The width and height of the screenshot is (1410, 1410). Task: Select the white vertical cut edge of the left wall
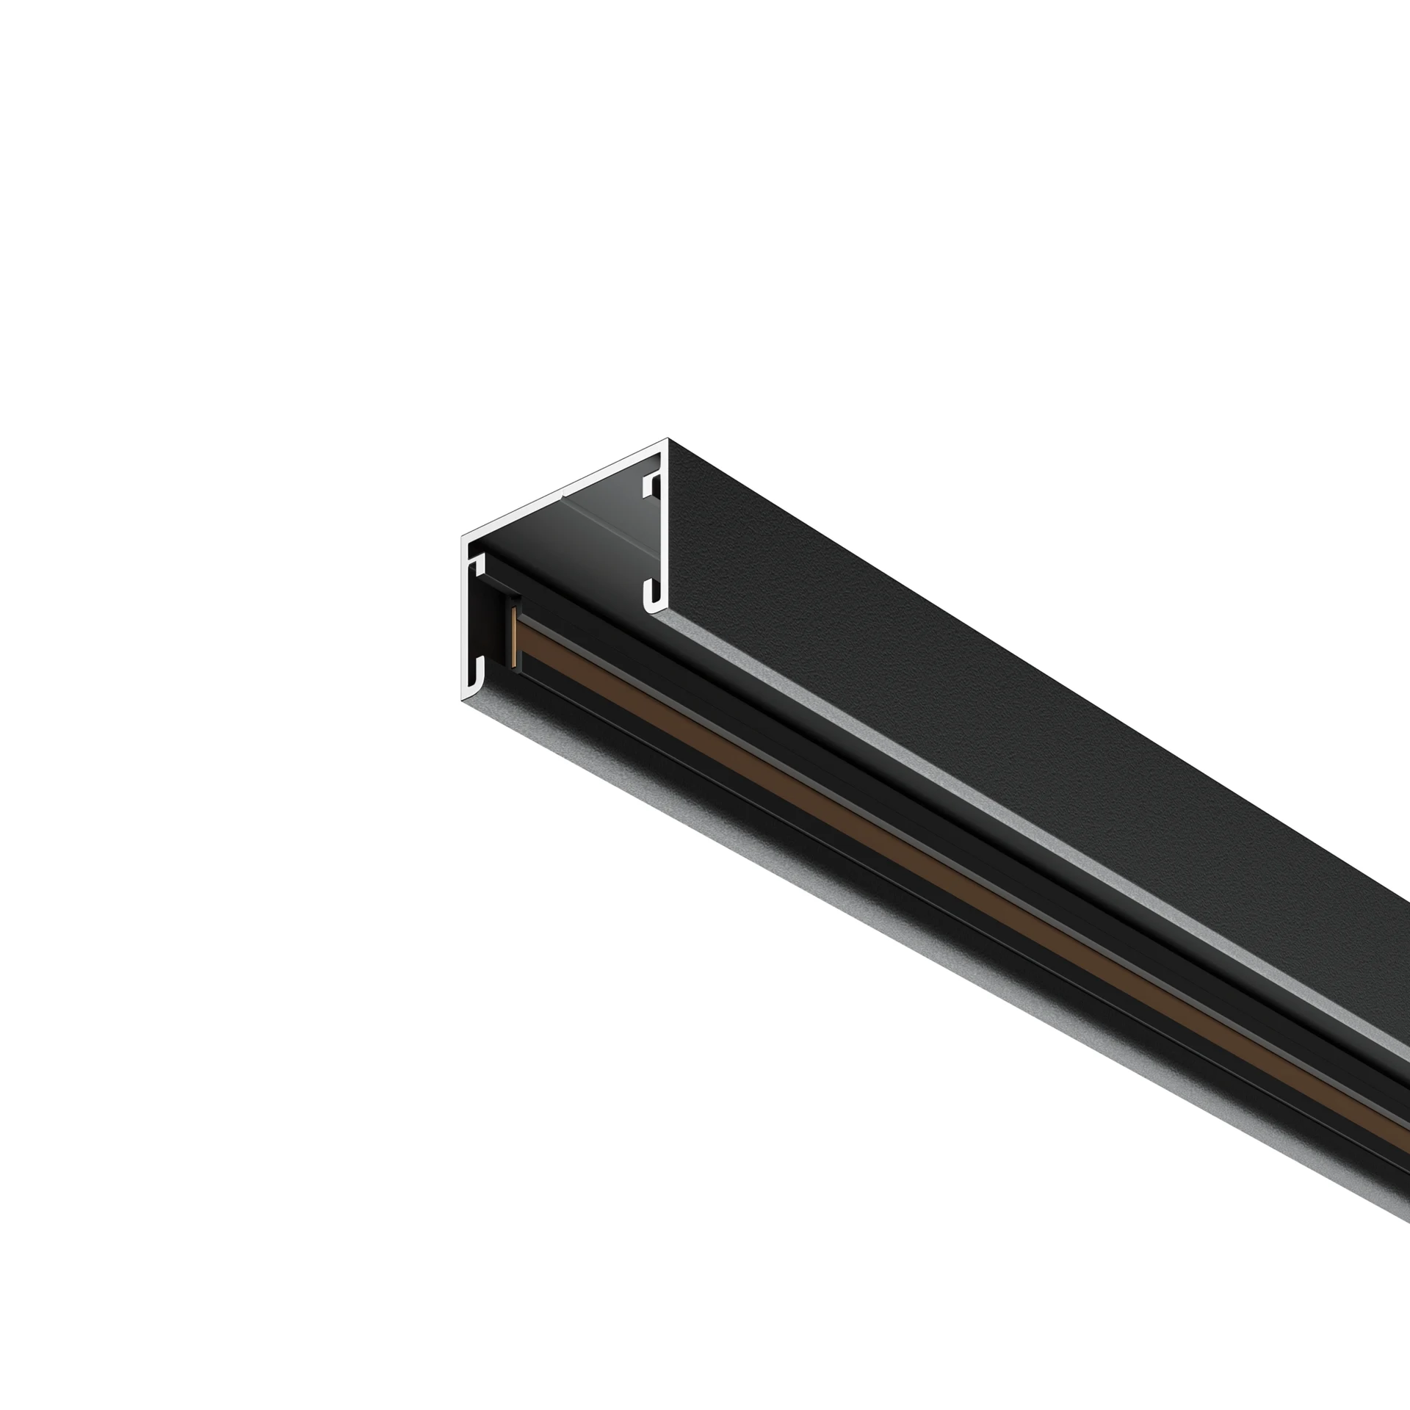coord(466,624)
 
